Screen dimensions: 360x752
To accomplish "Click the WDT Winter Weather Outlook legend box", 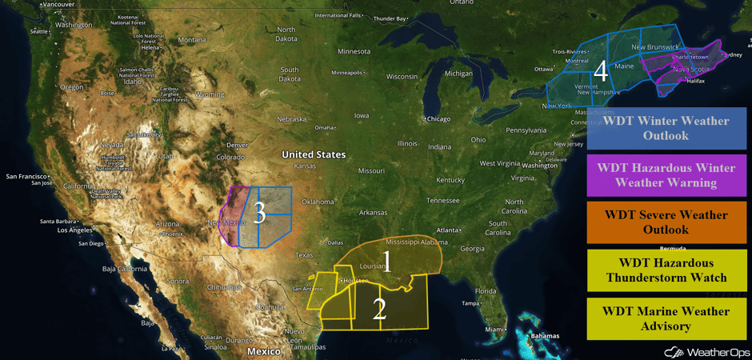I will [666, 128].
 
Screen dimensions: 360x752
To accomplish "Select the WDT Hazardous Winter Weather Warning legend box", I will [666, 175].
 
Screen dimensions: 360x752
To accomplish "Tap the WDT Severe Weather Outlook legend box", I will [666, 222].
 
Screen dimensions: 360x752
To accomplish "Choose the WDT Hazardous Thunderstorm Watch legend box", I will [666, 270].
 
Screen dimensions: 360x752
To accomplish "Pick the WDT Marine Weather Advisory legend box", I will [666, 318].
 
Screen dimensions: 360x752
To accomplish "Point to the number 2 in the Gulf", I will [379, 309].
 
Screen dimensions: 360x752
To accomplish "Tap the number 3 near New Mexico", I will [258, 212].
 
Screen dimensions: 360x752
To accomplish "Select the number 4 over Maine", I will [600, 70].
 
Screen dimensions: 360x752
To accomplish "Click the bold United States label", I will [314, 154].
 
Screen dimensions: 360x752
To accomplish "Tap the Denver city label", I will [237, 145].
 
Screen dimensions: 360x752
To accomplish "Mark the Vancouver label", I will [58, 4].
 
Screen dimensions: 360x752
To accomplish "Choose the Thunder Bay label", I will [390, 18].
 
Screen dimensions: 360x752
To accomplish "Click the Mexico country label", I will [263, 351].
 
